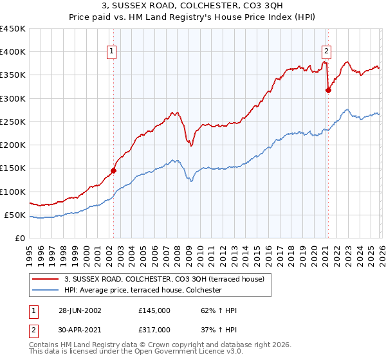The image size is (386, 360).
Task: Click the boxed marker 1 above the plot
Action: tap(112, 52)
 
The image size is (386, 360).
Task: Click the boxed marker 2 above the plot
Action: tap(326, 52)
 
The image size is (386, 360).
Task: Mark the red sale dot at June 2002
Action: tap(114, 170)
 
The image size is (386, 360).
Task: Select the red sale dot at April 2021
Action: tap(328, 91)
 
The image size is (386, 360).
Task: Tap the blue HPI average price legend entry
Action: tap(142, 290)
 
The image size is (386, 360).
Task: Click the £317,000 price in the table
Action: tap(154, 329)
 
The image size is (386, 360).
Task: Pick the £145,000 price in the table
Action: tap(154, 310)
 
